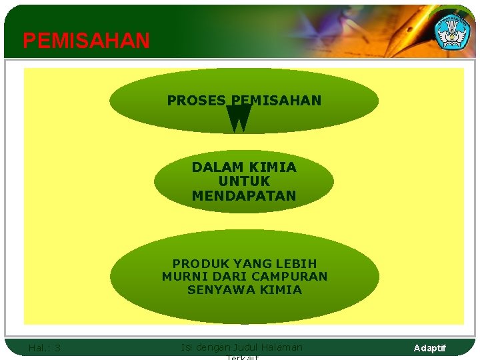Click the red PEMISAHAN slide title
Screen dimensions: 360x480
click(86, 41)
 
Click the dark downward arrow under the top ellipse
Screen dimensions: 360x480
click(239, 118)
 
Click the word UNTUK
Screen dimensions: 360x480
click(244, 181)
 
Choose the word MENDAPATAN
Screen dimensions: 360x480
click(244, 196)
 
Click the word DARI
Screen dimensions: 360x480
click(228, 277)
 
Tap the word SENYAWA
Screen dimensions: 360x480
click(217, 290)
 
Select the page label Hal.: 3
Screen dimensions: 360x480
click(45, 347)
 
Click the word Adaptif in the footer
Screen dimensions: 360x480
click(430, 348)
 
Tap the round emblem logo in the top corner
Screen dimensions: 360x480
click(452, 30)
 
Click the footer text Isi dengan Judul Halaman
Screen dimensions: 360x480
click(241, 347)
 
